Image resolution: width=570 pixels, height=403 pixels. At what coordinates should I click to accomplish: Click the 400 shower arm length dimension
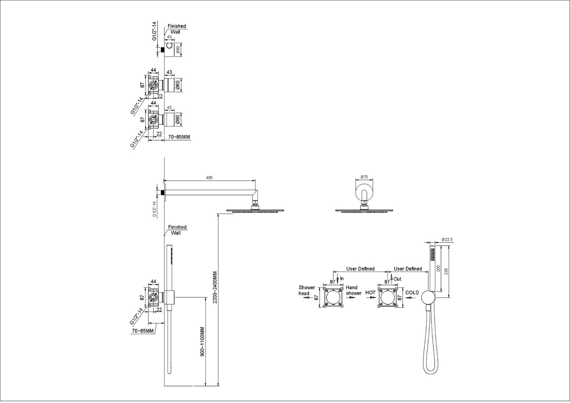coord(209,178)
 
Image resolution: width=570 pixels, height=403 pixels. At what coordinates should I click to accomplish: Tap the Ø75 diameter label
coord(364,177)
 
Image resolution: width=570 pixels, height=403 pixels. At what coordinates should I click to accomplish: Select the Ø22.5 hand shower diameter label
coord(447,240)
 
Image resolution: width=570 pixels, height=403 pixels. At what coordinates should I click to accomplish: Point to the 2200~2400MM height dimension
coord(215,287)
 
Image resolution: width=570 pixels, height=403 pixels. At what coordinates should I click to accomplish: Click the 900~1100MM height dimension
coord(202,342)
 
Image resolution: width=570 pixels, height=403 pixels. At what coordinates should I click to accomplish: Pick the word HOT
coord(370,293)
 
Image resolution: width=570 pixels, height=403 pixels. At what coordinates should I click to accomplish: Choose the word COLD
coord(412,293)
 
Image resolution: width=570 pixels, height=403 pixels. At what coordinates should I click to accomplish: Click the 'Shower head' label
coord(307,290)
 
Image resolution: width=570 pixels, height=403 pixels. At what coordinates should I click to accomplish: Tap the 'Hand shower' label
coord(354,290)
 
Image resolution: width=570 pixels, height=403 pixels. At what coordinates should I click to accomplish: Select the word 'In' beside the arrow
coord(342,279)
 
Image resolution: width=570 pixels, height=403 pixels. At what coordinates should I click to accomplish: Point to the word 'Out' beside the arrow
coord(397,279)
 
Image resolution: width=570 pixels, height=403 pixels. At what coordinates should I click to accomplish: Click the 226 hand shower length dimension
coord(446,271)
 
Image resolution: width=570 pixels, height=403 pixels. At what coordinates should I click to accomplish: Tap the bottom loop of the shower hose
coord(431,373)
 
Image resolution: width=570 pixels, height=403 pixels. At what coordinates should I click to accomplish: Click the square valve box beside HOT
coord(387,297)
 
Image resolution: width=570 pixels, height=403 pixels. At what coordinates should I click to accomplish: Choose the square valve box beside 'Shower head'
coord(333,297)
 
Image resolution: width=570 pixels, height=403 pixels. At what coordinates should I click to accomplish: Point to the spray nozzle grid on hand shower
coord(432,254)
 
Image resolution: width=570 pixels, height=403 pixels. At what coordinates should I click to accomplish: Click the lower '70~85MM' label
coord(143,331)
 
